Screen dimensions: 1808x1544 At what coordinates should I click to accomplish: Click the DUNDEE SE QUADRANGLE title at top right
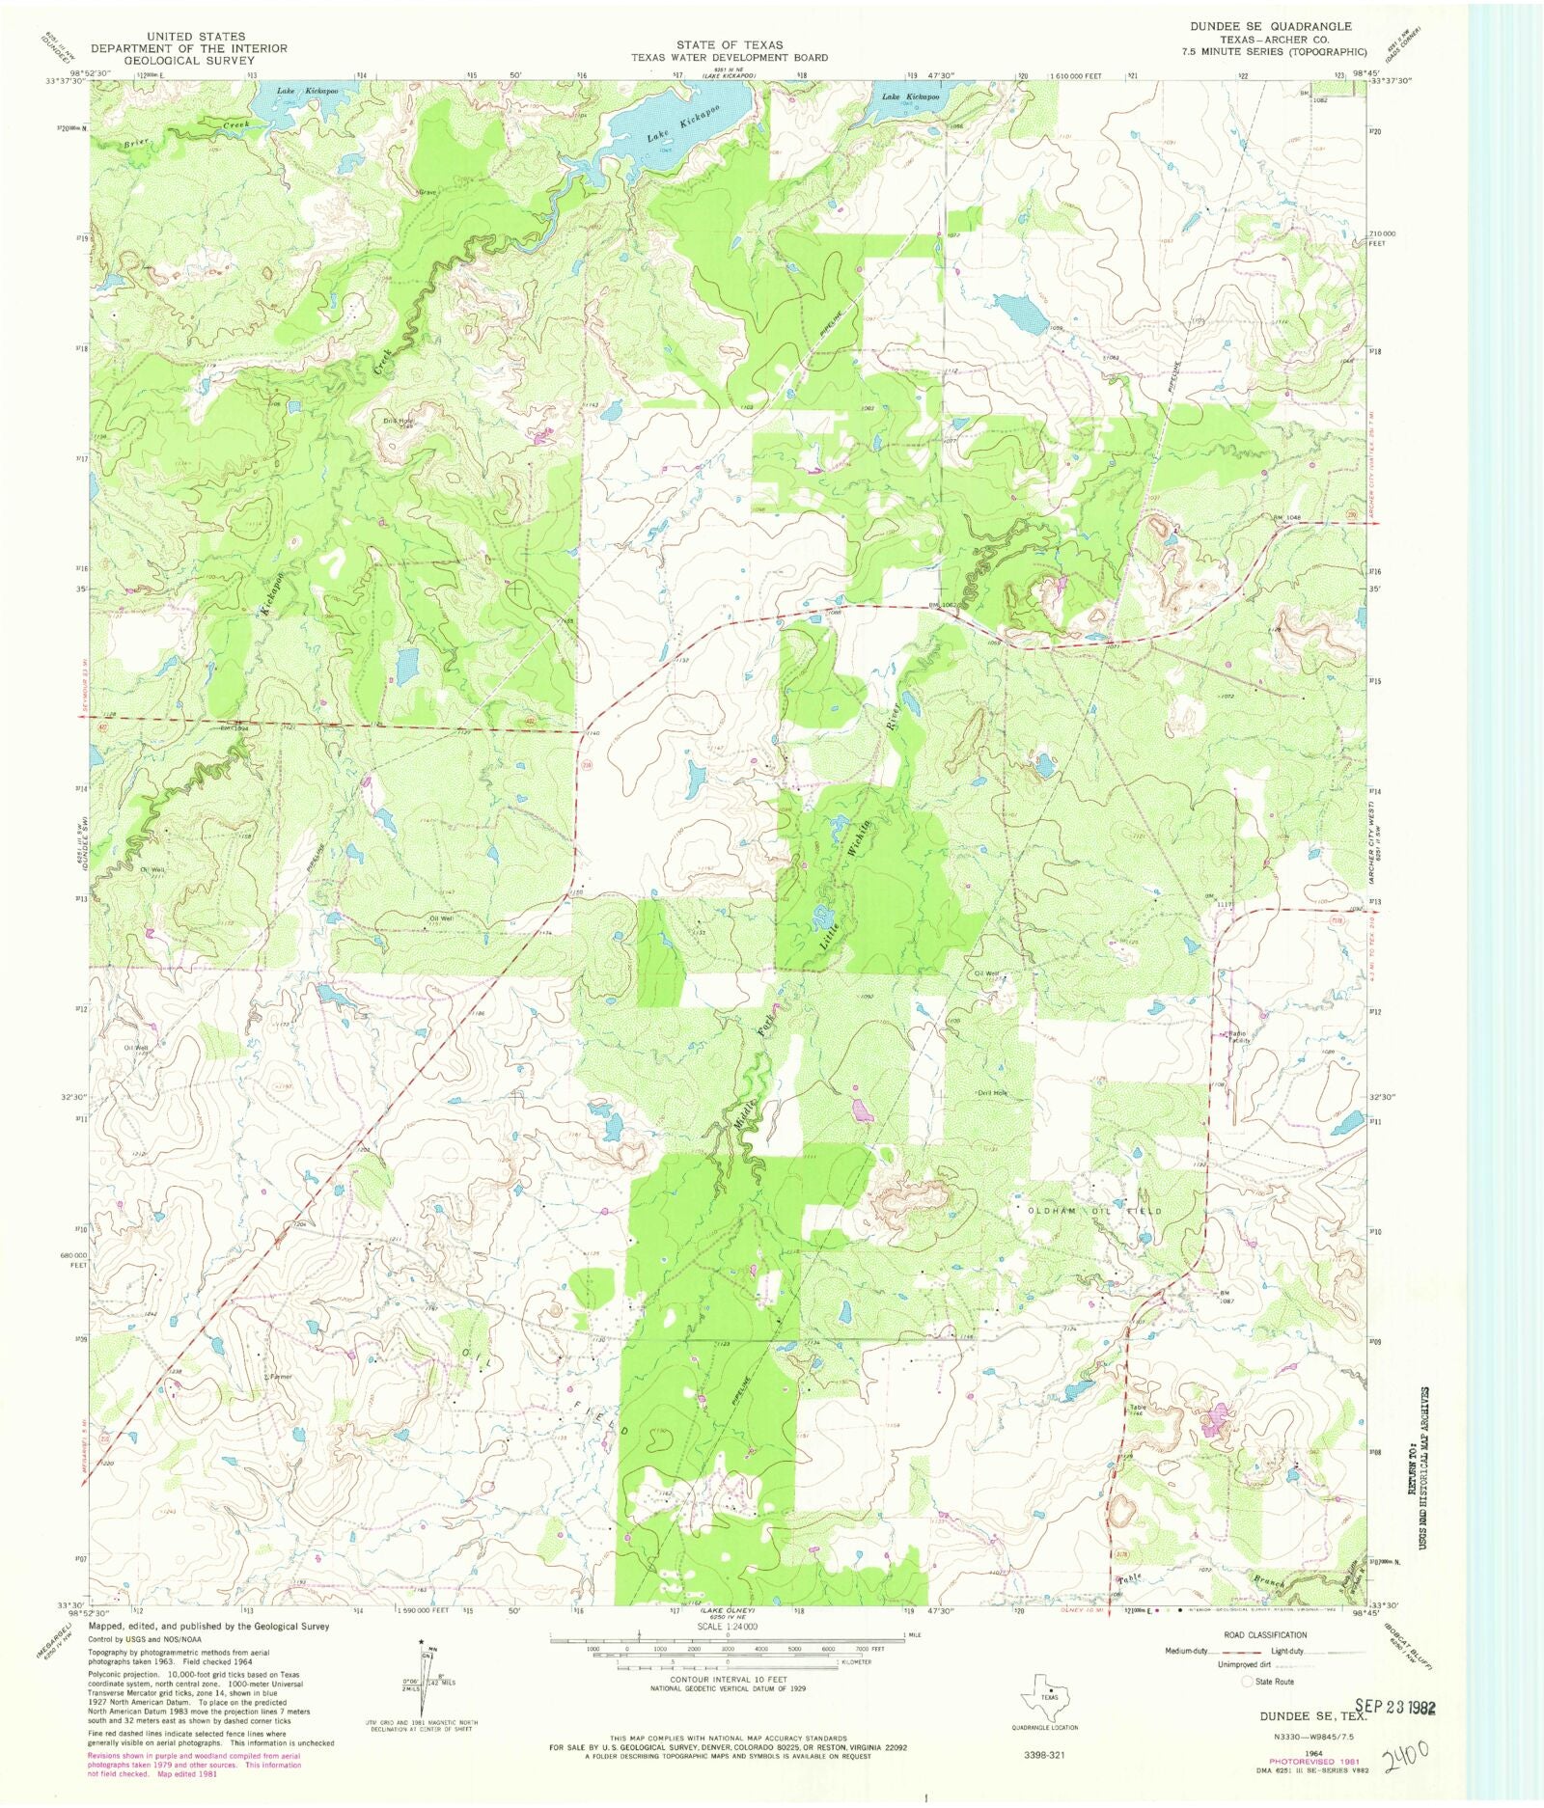click(x=1270, y=26)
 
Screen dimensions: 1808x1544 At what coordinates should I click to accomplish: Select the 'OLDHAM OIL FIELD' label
click(x=1095, y=1210)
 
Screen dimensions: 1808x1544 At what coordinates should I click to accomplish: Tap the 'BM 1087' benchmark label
click(x=1227, y=1297)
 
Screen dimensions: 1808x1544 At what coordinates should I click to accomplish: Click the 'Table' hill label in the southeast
click(x=1138, y=1408)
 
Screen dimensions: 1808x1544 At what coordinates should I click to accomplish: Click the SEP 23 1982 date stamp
click(x=1394, y=1707)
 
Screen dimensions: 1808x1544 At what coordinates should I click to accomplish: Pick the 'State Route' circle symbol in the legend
click(x=1248, y=1682)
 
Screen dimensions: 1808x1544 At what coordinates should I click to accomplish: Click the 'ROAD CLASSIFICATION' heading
click(x=1264, y=1635)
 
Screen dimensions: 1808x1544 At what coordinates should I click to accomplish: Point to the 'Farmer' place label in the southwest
click(x=278, y=1377)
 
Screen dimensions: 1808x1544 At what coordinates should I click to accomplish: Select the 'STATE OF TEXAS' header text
click(x=730, y=45)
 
